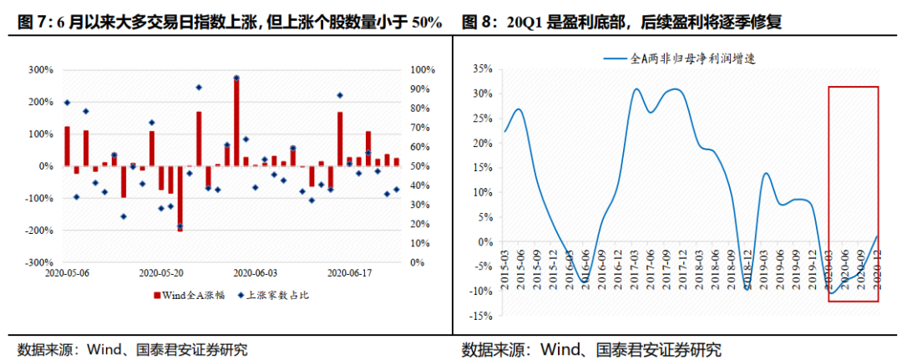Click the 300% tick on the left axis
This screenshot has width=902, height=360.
click(39, 69)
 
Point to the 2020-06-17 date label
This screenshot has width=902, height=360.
click(349, 272)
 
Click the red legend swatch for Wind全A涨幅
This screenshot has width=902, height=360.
click(156, 295)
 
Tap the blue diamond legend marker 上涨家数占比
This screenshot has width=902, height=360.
click(240, 295)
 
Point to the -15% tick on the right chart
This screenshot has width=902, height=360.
click(479, 317)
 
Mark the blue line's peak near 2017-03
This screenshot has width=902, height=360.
click(636, 89)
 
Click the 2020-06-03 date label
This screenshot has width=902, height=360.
click(256, 272)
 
